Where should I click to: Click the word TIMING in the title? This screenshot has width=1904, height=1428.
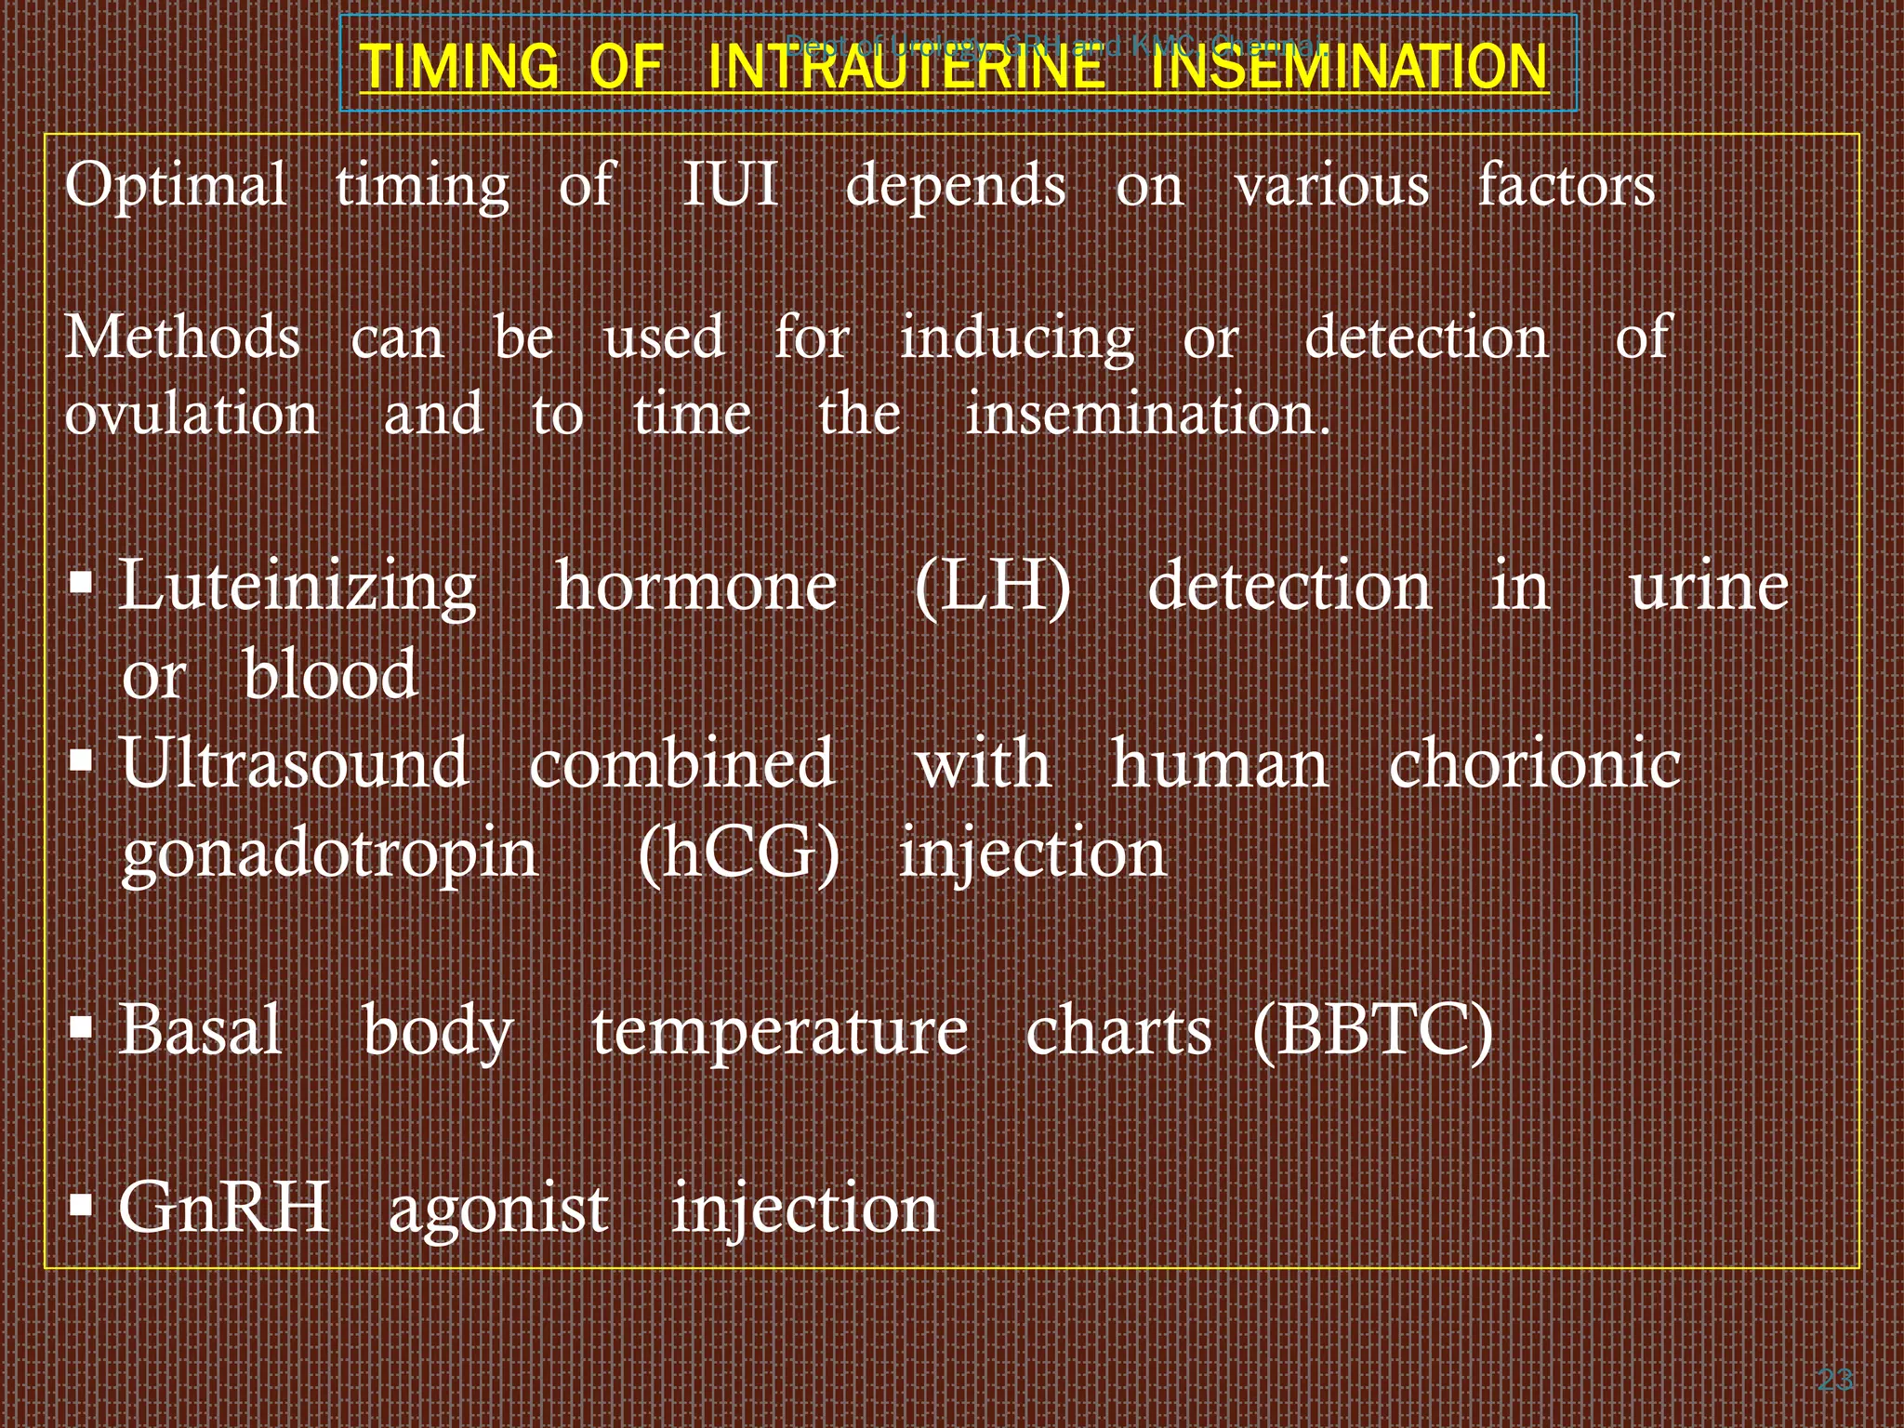pos(459,66)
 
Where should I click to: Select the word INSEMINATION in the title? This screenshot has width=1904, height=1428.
pos(1348,66)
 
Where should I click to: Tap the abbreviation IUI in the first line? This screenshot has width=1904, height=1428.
pos(730,184)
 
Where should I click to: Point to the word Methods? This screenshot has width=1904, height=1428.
pos(183,337)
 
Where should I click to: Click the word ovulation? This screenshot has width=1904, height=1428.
pos(192,414)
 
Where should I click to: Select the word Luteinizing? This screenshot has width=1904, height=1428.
pos(298,588)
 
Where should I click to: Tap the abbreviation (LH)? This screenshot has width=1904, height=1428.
pos(993,588)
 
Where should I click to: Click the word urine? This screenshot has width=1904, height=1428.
pos(1709,588)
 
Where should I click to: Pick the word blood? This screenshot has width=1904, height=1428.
pos(330,675)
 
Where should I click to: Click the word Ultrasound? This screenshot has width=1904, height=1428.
pos(295,763)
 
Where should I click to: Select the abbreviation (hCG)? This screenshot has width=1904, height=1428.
pos(739,853)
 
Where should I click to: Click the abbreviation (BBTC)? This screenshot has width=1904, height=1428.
pos(1372,1031)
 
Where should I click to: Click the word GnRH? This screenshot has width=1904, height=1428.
pos(224,1208)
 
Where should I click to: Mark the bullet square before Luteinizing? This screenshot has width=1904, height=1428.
pos(82,584)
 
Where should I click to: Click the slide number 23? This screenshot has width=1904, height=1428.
pos(1834,1380)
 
